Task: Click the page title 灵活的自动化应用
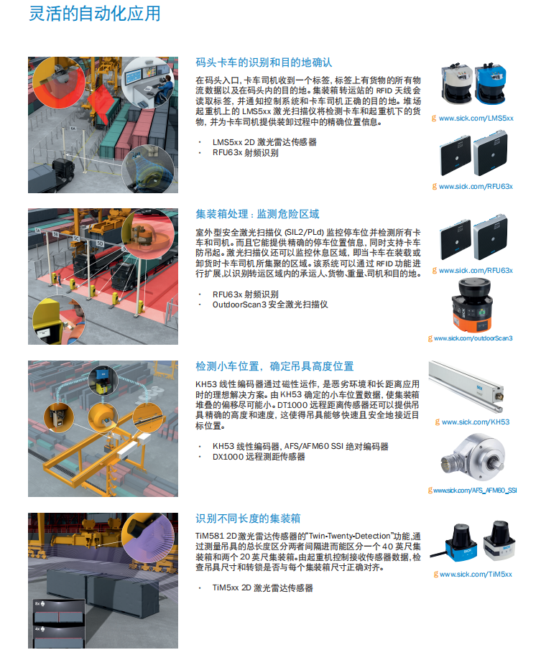(x=94, y=14)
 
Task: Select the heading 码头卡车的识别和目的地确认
(x=264, y=62)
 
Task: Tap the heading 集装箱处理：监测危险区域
(x=257, y=214)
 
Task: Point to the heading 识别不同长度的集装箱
(x=248, y=519)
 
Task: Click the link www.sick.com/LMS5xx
(x=476, y=119)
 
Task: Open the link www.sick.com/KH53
(x=476, y=422)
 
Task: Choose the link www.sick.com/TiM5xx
(x=476, y=575)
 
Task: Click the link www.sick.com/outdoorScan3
(x=473, y=338)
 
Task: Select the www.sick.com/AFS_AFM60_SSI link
(x=475, y=491)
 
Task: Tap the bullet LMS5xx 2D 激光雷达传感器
(x=264, y=142)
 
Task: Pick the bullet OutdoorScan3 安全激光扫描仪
(x=270, y=305)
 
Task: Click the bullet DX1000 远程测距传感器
(x=259, y=457)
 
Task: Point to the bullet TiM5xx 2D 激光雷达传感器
(x=262, y=587)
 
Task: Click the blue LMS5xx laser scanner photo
(x=491, y=83)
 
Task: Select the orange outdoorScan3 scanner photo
(x=472, y=306)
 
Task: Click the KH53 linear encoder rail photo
(x=466, y=386)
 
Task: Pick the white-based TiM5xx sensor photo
(x=499, y=541)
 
